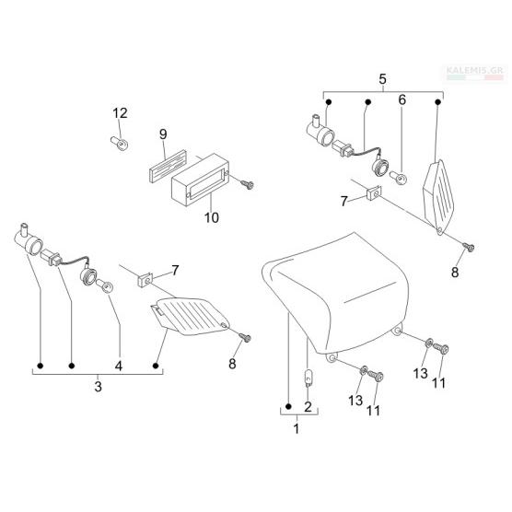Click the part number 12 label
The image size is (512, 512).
click(x=120, y=113)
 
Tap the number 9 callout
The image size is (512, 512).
click(x=163, y=134)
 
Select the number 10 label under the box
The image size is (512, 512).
click(x=211, y=217)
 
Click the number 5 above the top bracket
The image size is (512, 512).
click(x=382, y=79)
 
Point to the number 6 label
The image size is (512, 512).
click(x=402, y=100)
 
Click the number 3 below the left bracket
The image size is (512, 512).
click(x=99, y=387)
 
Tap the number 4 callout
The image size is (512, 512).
click(x=119, y=366)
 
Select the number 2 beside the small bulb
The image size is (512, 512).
click(x=308, y=407)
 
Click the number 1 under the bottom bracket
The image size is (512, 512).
click(x=297, y=429)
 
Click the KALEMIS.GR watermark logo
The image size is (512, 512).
click(x=475, y=73)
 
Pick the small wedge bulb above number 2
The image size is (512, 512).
click(x=308, y=378)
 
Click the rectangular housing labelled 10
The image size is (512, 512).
click(x=200, y=180)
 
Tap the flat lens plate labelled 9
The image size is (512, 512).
click(x=168, y=166)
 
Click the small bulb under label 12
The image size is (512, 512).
click(x=119, y=144)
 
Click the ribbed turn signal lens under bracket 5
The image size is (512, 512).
click(x=438, y=196)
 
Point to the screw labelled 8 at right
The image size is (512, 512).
click(x=469, y=248)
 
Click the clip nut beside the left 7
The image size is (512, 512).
click(x=145, y=280)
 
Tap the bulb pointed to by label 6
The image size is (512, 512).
click(x=399, y=177)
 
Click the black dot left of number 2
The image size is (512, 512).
click(x=288, y=406)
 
